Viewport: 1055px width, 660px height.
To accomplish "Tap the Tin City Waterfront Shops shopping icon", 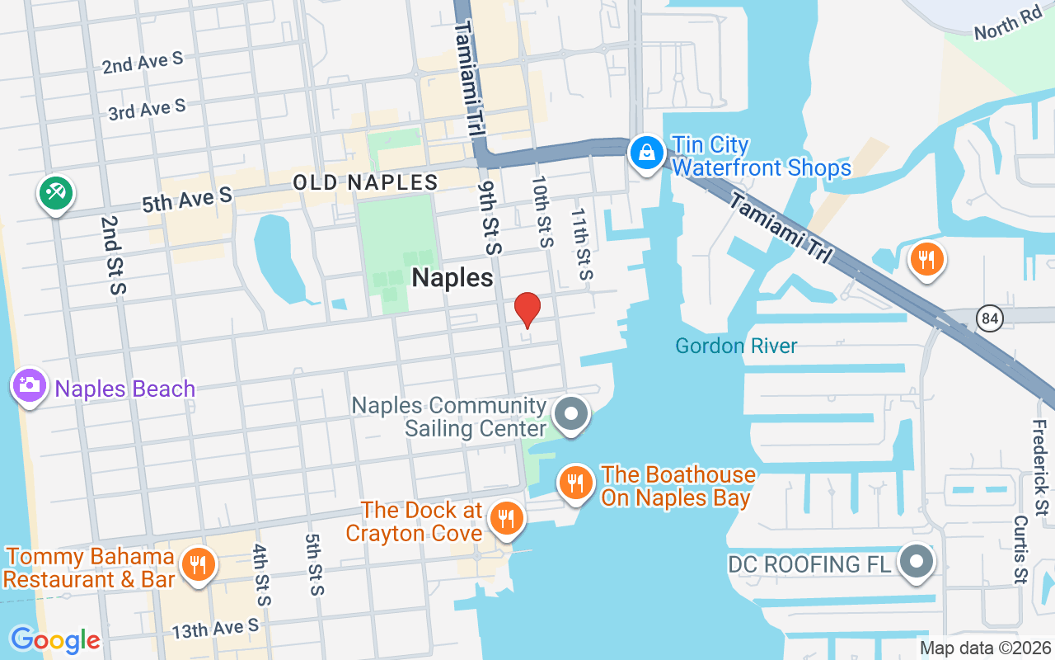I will coord(648,153).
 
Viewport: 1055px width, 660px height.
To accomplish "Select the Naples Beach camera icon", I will coord(30,385).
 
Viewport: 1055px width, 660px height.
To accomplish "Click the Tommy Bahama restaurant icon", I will coord(197,565).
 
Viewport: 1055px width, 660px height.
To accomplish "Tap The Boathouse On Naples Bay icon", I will coord(575,482).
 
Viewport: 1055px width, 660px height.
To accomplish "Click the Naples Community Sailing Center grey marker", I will coord(570,414).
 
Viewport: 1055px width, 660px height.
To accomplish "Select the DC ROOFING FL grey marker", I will coord(916,563).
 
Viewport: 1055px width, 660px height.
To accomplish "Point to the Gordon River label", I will coord(736,346).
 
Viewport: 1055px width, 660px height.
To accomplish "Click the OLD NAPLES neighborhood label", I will coord(366,182).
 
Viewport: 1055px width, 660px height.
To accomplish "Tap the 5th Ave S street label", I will coord(186,200).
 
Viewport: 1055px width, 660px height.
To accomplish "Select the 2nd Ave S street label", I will coord(143,63).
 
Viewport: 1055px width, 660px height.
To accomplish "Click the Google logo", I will coord(55,639).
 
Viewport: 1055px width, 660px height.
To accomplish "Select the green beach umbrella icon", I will coord(55,194).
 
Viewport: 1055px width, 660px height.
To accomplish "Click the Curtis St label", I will coord(1020,550).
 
